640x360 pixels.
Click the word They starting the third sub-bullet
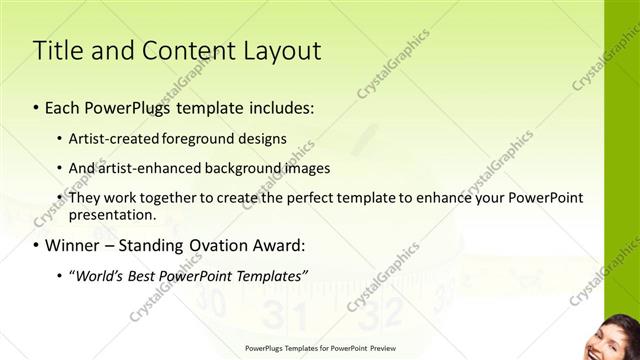click(83, 198)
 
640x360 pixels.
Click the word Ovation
click(220, 245)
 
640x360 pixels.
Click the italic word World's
click(98, 275)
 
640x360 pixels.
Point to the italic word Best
click(146, 275)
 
